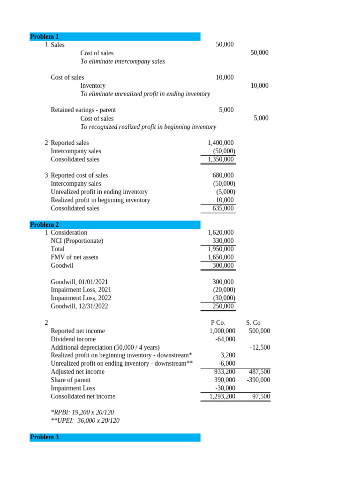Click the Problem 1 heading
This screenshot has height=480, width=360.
click(45, 37)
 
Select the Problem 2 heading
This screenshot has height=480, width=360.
click(45, 225)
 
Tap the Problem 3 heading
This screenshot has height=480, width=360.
click(45, 437)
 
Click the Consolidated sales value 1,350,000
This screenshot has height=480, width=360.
click(220, 159)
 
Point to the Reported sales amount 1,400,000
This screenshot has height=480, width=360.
click(220, 143)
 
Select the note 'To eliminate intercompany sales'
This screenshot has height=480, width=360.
click(122, 61)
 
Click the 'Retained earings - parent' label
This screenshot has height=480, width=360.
click(83, 110)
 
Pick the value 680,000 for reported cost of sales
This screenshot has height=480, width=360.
click(223, 175)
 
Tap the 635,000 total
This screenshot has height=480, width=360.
click(223, 208)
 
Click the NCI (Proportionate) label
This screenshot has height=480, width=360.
click(77, 241)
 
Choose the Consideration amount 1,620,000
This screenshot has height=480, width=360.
click(220, 232)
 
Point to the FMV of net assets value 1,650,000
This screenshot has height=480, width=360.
click(220, 257)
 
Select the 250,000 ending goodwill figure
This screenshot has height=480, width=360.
click(223, 306)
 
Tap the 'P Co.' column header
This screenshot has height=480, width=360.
click(218, 322)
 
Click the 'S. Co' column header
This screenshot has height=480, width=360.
click(253, 322)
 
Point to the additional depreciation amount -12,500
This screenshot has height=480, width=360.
click(260, 347)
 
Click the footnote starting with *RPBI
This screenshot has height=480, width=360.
click(82, 412)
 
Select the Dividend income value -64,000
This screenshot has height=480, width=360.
click(225, 339)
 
